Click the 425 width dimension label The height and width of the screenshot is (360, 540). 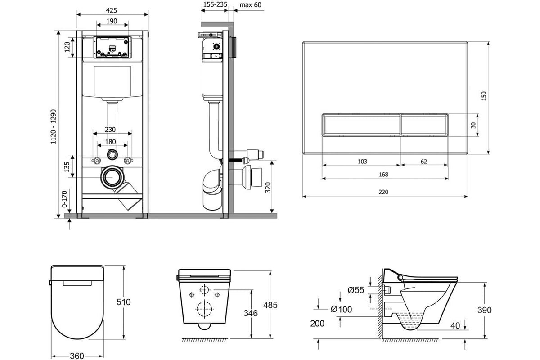(x=112, y=10)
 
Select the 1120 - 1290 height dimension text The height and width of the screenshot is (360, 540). (x=53, y=127)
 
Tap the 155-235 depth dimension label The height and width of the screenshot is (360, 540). (x=215, y=4)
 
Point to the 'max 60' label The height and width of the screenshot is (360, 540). (x=251, y=4)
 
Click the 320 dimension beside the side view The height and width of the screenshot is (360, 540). (x=268, y=188)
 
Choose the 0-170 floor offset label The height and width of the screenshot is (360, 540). (x=64, y=199)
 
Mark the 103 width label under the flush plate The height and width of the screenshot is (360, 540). (x=362, y=161)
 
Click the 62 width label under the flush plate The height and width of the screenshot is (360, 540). (x=424, y=161)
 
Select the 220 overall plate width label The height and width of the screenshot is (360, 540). (x=383, y=192)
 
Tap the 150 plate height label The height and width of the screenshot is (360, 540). (x=483, y=96)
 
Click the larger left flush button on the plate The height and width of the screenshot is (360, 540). (x=361, y=125)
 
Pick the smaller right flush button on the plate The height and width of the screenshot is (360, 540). (x=424, y=125)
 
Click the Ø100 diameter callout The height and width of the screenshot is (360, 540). (x=341, y=309)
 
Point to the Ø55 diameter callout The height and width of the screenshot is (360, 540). (x=356, y=290)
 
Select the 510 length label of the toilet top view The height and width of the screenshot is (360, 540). (x=123, y=302)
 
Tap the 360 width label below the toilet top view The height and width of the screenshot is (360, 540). (x=77, y=356)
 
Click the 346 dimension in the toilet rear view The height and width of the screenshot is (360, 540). (x=251, y=313)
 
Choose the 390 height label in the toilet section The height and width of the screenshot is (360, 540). (x=485, y=310)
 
